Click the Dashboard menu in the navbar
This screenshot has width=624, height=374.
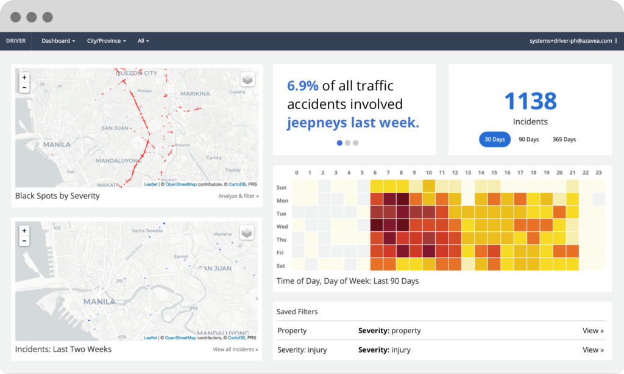pyautogui.click(x=58, y=41)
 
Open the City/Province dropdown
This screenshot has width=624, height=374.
pyautogui.click(x=106, y=41)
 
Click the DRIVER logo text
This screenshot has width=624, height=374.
pyautogui.click(x=16, y=41)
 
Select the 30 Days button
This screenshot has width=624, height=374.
pyautogui.click(x=494, y=139)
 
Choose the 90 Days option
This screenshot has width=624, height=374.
pyautogui.click(x=528, y=139)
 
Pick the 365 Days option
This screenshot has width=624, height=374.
pyautogui.click(x=564, y=139)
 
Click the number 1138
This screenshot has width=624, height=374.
pyautogui.click(x=530, y=101)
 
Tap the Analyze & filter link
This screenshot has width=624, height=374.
pyautogui.click(x=238, y=196)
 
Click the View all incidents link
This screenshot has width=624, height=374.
pyautogui.click(x=235, y=350)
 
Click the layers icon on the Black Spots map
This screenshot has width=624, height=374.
pyautogui.click(x=247, y=79)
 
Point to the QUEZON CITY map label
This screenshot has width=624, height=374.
pyautogui.click(x=136, y=73)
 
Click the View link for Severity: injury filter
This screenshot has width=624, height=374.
pyautogui.click(x=593, y=350)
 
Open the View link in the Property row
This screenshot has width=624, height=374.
pyautogui.click(x=593, y=331)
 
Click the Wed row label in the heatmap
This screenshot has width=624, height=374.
pyautogui.click(x=282, y=226)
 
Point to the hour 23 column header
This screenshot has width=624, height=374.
pyautogui.click(x=598, y=173)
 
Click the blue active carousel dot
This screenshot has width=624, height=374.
pyautogui.click(x=339, y=143)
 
